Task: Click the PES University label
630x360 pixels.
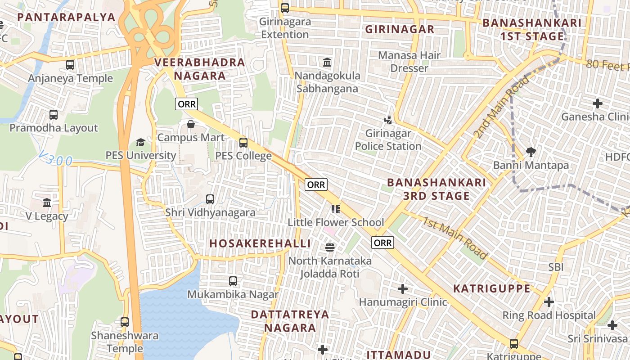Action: [141, 156]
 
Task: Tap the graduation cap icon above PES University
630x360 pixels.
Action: [140, 143]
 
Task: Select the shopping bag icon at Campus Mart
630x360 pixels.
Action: [191, 124]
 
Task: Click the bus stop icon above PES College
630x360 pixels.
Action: [243, 143]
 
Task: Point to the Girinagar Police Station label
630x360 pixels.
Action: [388, 140]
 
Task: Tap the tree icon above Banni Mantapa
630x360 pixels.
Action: [531, 152]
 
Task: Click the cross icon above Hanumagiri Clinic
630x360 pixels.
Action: [403, 288]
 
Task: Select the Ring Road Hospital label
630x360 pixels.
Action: [549, 315]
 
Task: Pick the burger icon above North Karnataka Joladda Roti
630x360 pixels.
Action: [330, 247]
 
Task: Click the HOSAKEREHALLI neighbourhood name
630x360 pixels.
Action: [260, 243]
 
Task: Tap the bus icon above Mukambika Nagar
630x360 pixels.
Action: [233, 281]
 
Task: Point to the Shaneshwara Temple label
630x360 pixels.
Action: [125, 342]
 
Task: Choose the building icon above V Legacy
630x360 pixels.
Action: [47, 202]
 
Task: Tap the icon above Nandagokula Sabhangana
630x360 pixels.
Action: [327, 62]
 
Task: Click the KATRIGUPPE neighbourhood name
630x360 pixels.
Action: [492, 288]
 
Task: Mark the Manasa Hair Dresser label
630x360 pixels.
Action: [409, 62]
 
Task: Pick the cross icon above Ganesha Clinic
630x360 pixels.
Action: [598, 103]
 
